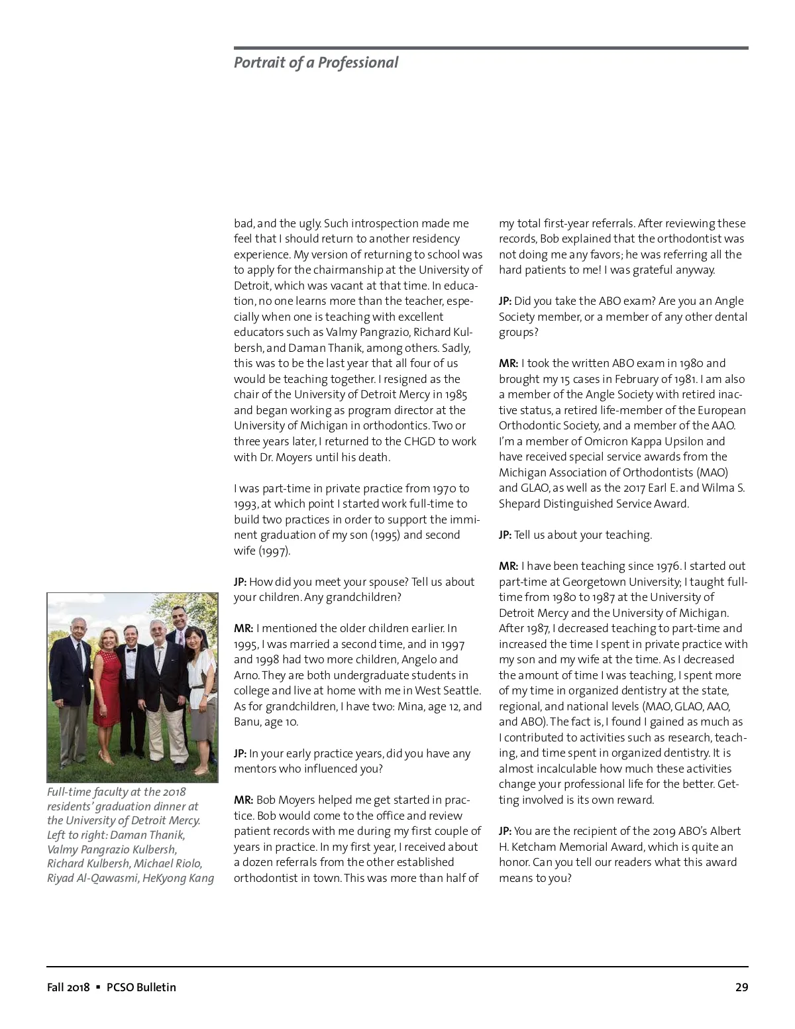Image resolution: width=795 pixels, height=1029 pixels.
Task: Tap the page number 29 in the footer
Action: (741, 987)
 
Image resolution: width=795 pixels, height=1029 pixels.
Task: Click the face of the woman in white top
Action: (193, 641)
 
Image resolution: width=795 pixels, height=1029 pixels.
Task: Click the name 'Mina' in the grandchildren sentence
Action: (411, 706)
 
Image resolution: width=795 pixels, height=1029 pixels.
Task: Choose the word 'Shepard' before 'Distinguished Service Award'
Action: (521, 504)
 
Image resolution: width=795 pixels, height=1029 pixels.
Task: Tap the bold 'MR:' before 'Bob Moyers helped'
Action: (243, 800)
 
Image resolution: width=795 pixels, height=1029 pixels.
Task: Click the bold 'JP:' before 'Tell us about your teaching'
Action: (505, 535)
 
